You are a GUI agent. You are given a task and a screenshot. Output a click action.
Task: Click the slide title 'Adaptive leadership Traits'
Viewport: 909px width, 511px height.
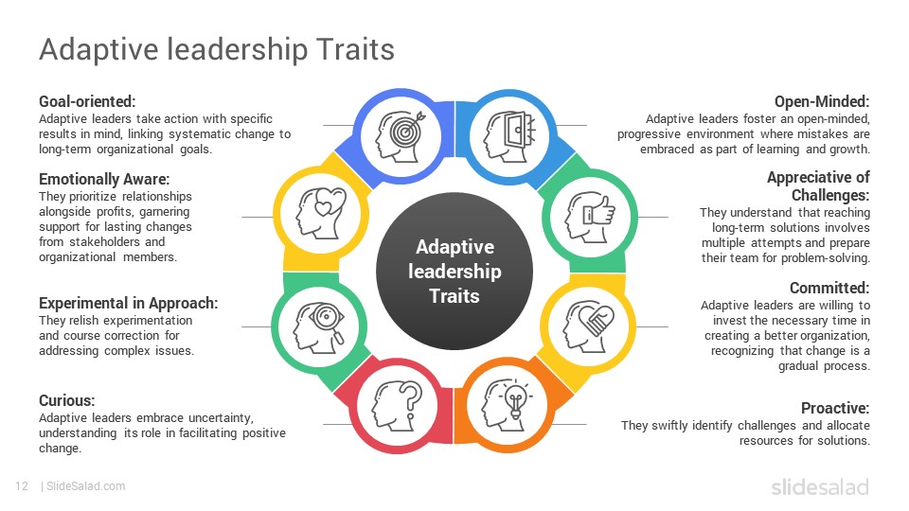click(x=216, y=49)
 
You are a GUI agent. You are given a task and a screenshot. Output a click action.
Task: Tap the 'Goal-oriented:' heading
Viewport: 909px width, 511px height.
click(x=87, y=101)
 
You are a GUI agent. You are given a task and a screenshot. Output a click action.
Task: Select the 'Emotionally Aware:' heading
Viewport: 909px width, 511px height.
click(x=104, y=179)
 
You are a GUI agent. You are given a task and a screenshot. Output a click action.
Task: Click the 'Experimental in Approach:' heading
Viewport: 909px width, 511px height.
click(x=128, y=303)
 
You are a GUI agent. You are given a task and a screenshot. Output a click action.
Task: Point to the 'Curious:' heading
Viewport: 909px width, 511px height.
click(x=66, y=400)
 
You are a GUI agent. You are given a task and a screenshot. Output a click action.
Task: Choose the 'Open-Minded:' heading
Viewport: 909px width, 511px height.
click(x=822, y=101)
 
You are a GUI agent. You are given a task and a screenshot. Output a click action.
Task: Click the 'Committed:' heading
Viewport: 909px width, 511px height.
click(x=829, y=288)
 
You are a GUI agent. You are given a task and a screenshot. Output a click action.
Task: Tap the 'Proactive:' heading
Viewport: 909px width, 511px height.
click(x=835, y=408)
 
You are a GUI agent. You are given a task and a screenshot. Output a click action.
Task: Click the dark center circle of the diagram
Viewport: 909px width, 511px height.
click(x=454, y=272)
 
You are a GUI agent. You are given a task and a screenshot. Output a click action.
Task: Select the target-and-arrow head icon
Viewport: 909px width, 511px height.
click(x=401, y=136)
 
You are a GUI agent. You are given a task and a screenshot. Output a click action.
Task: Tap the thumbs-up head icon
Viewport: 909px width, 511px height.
click(x=590, y=217)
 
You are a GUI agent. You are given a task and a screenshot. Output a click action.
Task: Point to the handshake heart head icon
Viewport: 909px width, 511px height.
click(x=588, y=326)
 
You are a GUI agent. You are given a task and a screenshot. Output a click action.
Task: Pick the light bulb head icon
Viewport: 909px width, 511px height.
click(x=508, y=404)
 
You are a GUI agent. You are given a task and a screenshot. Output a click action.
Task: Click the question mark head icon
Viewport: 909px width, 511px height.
click(x=398, y=406)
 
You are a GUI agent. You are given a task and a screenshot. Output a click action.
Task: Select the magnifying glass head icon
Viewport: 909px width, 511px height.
click(x=318, y=327)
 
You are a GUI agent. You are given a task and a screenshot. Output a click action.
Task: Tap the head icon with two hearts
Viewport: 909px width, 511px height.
click(x=321, y=213)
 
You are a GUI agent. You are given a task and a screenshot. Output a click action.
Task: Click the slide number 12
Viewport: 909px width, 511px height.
click(x=22, y=486)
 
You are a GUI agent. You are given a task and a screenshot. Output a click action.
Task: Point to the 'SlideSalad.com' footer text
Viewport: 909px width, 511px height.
click(x=86, y=486)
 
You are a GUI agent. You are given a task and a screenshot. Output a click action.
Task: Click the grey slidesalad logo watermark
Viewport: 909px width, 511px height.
click(x=820, y=486)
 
